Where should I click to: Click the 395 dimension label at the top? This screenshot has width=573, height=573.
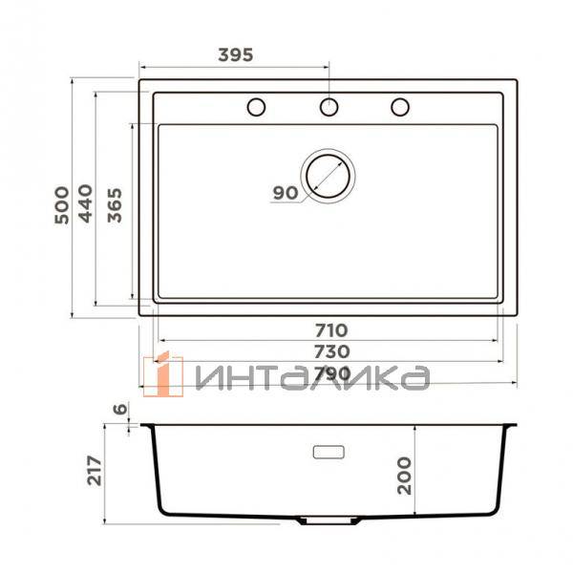click(x=236, y=54)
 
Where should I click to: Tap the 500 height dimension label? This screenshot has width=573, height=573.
click(x=61, y=205)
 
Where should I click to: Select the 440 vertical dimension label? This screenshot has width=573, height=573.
click(x=86, y=203)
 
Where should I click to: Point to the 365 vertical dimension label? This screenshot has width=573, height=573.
click(x=115, y=205)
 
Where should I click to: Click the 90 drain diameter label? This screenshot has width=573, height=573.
click(x=286, y=193)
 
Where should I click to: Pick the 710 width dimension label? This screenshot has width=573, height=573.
click(x=331, y=330)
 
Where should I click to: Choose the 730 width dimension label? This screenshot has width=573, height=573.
click(x=332, y=351)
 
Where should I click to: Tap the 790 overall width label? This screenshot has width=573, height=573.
click(x=332, y=373)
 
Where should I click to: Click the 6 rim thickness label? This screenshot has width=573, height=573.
click(x=120, y=409)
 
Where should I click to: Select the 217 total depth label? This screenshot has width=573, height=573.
click(x=95, y=470)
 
